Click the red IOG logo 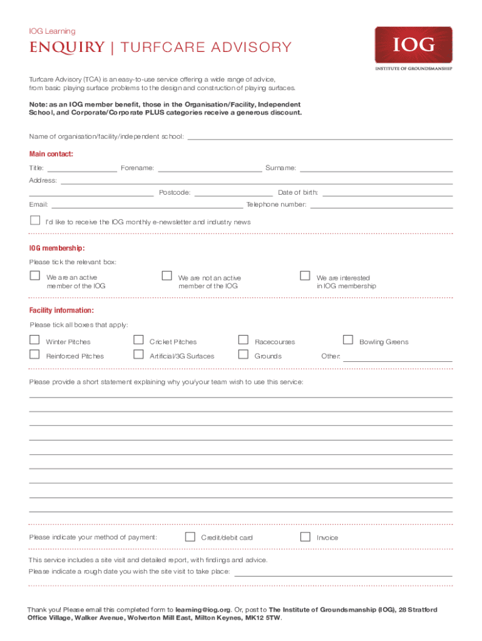pyautogui.click(x=413, y=45)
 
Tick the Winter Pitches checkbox pyautogui.click(x=34, y=340)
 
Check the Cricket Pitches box pyautogui.click(x=138, y=340)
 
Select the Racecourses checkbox pyautogui.click(x=243, y=340)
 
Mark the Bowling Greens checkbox pyautogui.click(x=347, y=340)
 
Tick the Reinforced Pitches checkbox pyautogui.click(x=34, y=354)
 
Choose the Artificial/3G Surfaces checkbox pyautogui.click(x=138, y=354)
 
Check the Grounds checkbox pyautogui.click(x=243, y=354)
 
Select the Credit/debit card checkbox pyautogui.click(x=190, y=536)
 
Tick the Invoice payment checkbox pyautogui.click(x=305, y=536)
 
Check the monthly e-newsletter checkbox pyautogui.click(x=35, y=220)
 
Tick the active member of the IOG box pyautogui.click(x=34, y=275)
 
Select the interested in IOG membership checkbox pyautogui.click(x=305, y=275)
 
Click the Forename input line pyautogui.click(x=210, y=168)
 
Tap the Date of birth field pyautogui.click(x=387, y=193)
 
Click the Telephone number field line pyautogui.click(x=381, y=205)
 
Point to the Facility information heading pyautogui.click(x=62, y=310)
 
